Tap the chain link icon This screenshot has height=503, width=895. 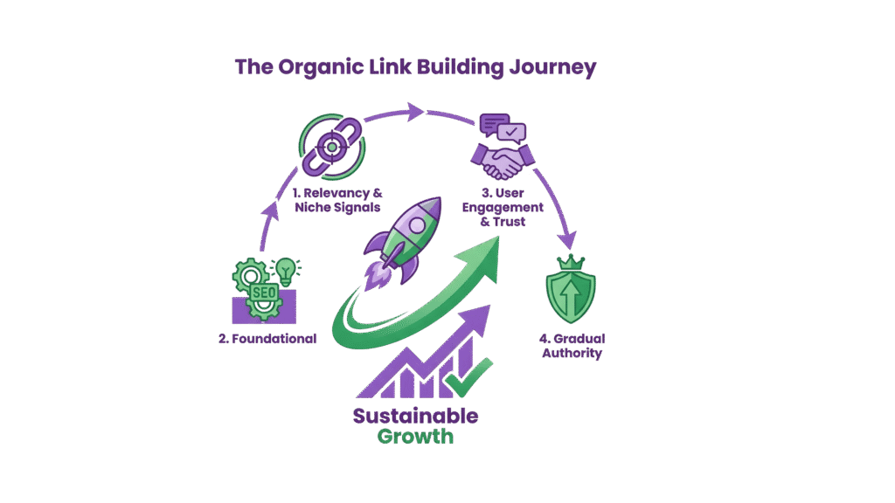pyautogui.click(x=333, y=146)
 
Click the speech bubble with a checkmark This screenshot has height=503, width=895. pyautogui.click(x=513, y=134)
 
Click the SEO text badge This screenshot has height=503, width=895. pyautogui.click(x=263, y=293)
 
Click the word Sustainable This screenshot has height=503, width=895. pyautogui.click(x=415, y=416)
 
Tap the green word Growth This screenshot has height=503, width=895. pyautogui.click(x=415, y=436)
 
